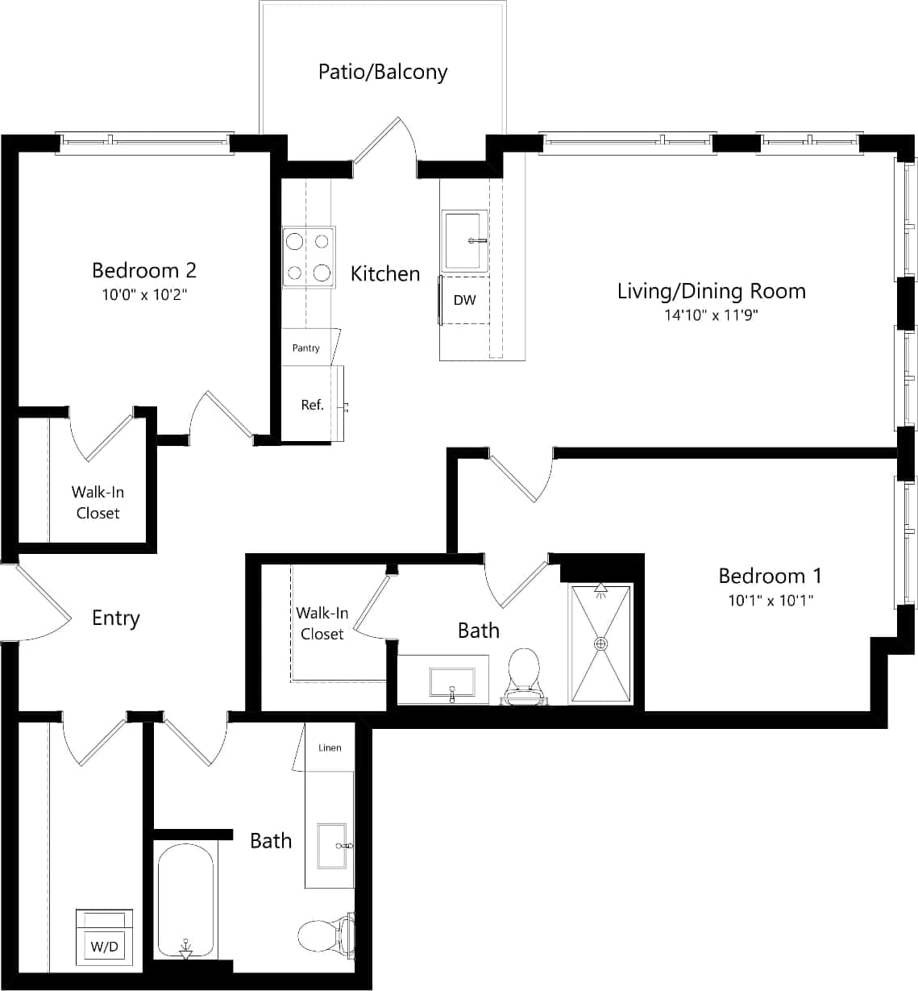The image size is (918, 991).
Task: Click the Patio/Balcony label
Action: (382, 72)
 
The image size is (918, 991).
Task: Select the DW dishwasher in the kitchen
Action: (464, 300)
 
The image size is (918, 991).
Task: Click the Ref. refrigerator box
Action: (312, 404)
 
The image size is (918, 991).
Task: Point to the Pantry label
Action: (305, 348)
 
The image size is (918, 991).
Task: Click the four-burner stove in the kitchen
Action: (308, 257)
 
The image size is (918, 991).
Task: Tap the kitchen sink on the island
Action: (464, 239)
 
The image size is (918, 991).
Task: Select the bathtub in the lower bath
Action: (185, 900)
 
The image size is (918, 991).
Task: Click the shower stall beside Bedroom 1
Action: (600, 643)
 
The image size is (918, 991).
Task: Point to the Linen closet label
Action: (330, 747)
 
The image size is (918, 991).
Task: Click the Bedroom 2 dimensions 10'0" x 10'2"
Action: (143, 294)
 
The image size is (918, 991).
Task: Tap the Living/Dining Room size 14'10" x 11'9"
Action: (711, 314)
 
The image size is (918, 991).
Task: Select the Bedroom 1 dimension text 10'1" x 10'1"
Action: (770, 600)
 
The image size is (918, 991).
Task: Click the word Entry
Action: (116, 618)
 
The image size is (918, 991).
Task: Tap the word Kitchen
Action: (384, 274)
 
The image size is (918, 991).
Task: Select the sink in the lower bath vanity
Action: (333, 846)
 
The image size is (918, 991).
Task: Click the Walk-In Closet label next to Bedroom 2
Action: (98, 502)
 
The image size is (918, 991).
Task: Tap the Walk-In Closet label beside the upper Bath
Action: (322, 623)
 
